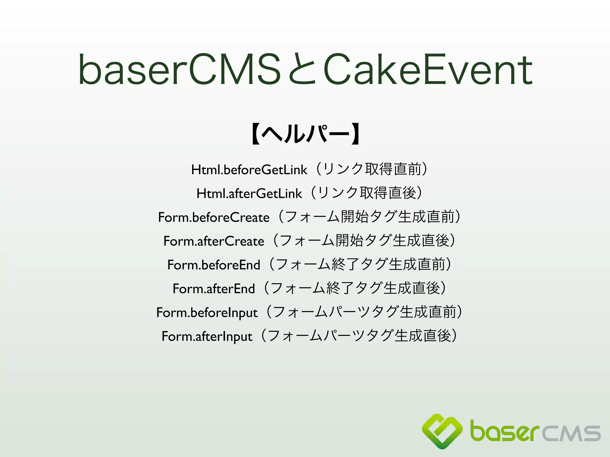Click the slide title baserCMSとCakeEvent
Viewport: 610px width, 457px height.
pos(305,69)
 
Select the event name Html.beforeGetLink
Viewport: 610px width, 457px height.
pos(249,170)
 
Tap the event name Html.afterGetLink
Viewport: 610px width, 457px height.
pos(249,194)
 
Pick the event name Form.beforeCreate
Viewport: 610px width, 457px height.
pos(214,217)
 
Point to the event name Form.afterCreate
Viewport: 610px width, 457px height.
pos(214,241)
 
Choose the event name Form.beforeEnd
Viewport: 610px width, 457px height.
pos(214,265)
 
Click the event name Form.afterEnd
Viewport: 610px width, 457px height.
pos(214,289)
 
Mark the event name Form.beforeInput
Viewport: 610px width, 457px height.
pos(207,313)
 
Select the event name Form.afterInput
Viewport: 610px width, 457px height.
pos(207,337)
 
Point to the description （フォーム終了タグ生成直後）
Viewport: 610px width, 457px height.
pos(355,288)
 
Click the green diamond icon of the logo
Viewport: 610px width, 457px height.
pos(442,431)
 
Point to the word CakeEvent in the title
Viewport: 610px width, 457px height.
pos(428,69)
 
